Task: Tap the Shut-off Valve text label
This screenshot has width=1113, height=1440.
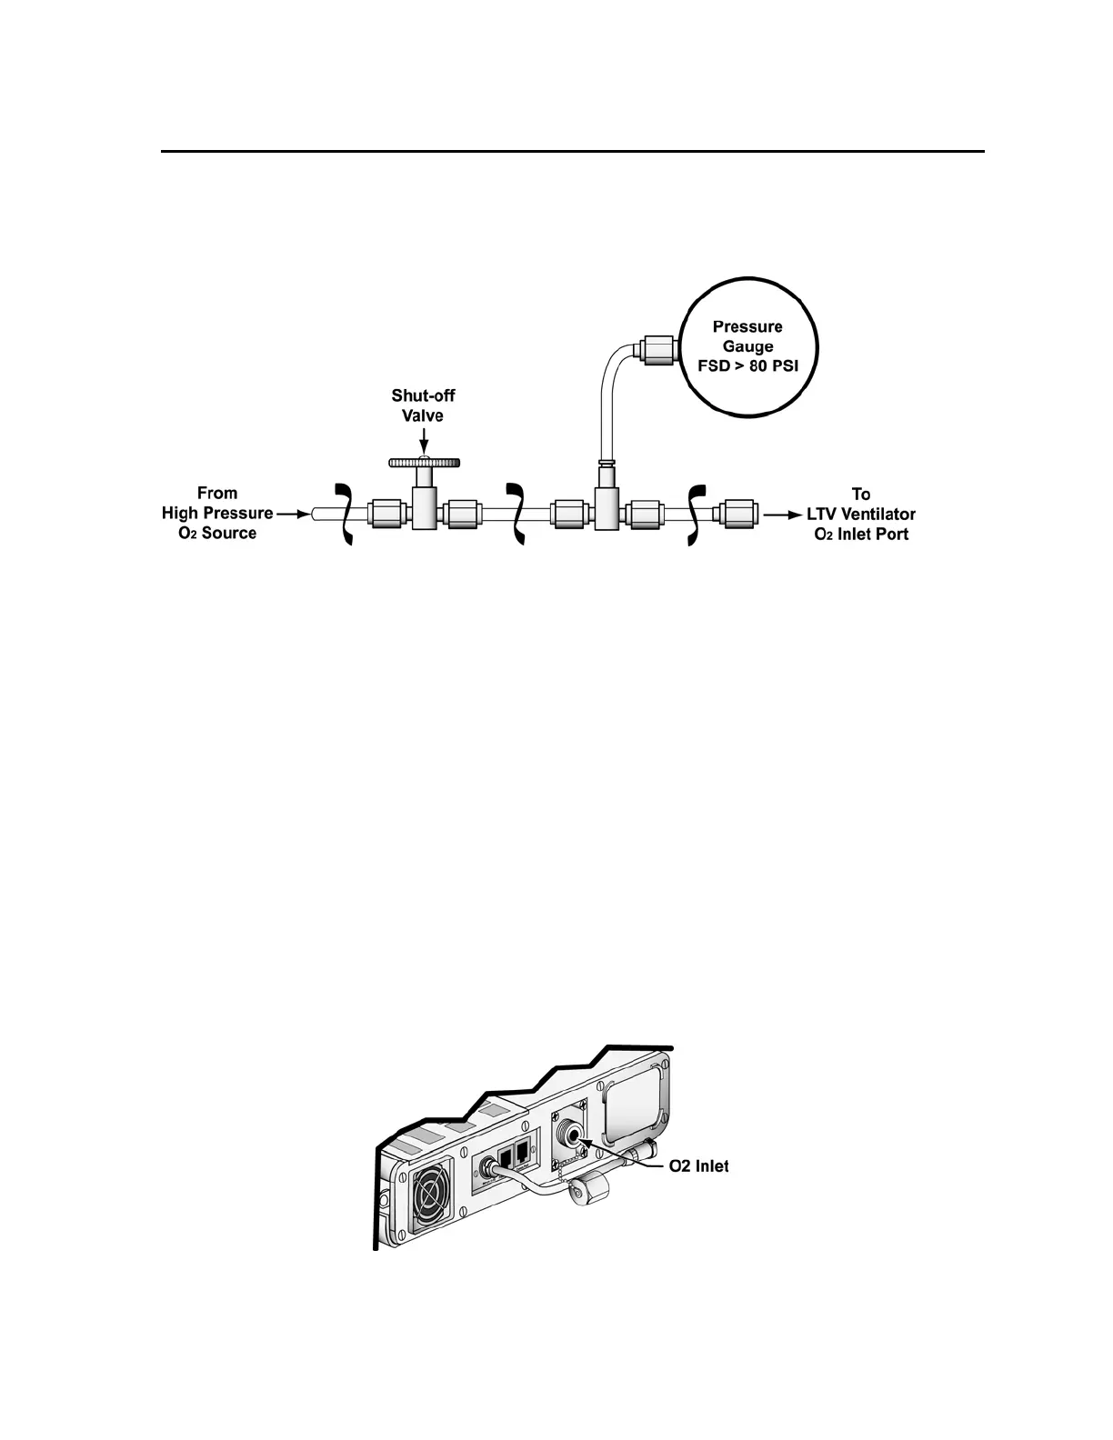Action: click(423, 405)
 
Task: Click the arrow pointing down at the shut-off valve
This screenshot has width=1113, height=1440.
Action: click(424, 443)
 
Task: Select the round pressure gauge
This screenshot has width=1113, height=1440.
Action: click(748, 346)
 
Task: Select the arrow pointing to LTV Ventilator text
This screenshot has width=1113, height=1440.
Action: click(779, 515)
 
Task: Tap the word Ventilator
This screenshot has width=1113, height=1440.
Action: click(877, 515)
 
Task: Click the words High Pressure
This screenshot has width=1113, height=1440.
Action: click(217, 514)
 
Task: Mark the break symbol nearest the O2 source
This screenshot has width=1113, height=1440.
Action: click(345, 515)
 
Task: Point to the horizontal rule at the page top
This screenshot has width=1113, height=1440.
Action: click(573, 151)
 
